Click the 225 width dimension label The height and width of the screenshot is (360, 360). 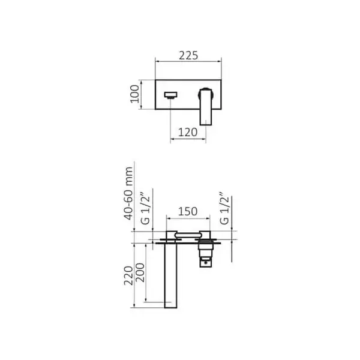(x=188, y=56)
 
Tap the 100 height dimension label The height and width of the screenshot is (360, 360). (x=135, y=94)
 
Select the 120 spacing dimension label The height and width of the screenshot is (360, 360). (x=188, y=132)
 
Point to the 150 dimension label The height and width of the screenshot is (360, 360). (x=188, y=211)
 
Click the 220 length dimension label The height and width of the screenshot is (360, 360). (x=128, y=276)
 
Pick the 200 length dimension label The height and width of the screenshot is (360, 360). (x=140, y=272)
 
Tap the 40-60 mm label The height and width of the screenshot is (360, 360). (x=128, y=193)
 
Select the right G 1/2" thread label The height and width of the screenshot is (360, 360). (x=224, y=208)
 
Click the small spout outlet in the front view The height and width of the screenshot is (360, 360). (x=171, y=95)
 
